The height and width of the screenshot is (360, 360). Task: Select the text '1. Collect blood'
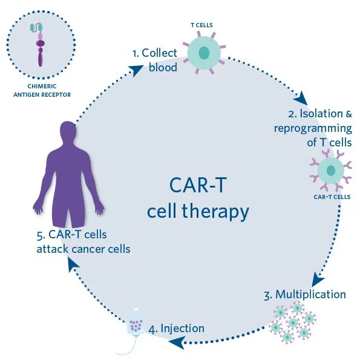pyautogui.click(x=155, y=60)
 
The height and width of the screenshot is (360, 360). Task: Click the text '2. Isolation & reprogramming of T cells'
pyautogui.click(x=313, y=128)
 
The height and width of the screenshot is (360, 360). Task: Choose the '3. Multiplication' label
pyautogui.click(x=305, y=295)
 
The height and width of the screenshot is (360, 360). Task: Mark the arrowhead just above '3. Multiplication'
pyautogui.click(x=318, y=279)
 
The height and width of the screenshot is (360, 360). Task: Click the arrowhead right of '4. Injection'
pyautogui.click(x=176, y=343)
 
